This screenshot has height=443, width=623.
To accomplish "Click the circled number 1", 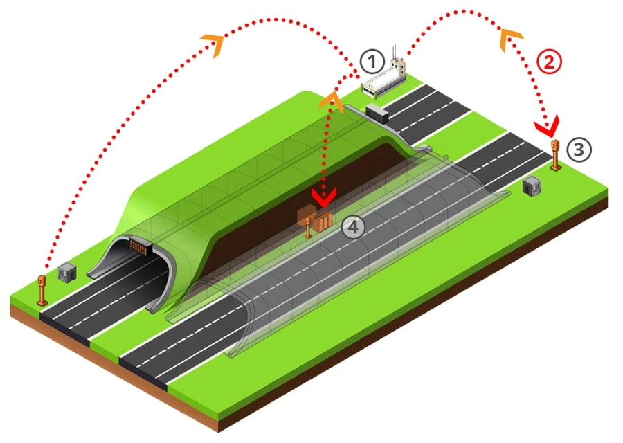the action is point(372,62).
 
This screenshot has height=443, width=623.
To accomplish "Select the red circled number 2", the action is point(549,62).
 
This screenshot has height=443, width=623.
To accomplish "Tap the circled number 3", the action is point(579,150).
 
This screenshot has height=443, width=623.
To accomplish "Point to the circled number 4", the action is point(353,227).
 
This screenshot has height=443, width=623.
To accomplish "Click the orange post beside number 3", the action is point(555,155).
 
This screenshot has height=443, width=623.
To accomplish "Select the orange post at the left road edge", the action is point(42,290).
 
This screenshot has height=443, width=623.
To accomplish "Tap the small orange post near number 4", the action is point(308,228).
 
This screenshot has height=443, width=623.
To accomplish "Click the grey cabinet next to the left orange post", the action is point(66,272).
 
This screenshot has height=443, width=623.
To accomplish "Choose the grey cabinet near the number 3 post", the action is point(532,186).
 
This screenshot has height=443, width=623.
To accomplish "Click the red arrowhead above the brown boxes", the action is point(324,197).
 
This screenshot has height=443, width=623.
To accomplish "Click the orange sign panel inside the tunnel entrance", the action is point(138,245).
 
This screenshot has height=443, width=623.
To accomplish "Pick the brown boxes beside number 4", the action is point(315,219).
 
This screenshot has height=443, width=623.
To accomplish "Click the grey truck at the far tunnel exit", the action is point(377,114).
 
